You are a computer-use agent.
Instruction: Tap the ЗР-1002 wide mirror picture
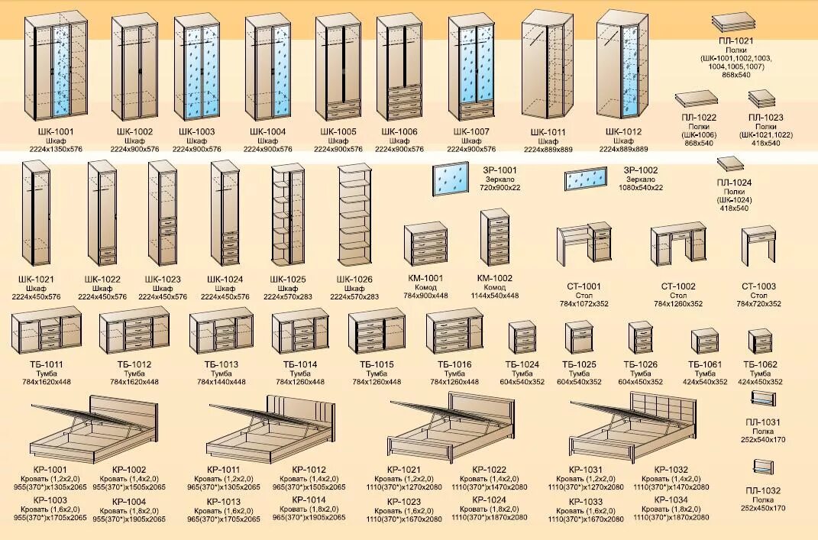click(x=587, y=179)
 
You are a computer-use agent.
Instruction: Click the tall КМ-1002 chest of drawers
click(x=495, y=236)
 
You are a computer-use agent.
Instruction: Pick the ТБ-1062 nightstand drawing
click(x=760, y=341)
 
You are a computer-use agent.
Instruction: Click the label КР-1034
click(x=671, y=500)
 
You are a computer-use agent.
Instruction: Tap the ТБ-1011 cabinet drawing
click(x=47, y=329)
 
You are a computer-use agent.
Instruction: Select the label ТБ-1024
click(x=522, y=364)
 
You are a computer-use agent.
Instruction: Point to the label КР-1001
click(x=50, y=470)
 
